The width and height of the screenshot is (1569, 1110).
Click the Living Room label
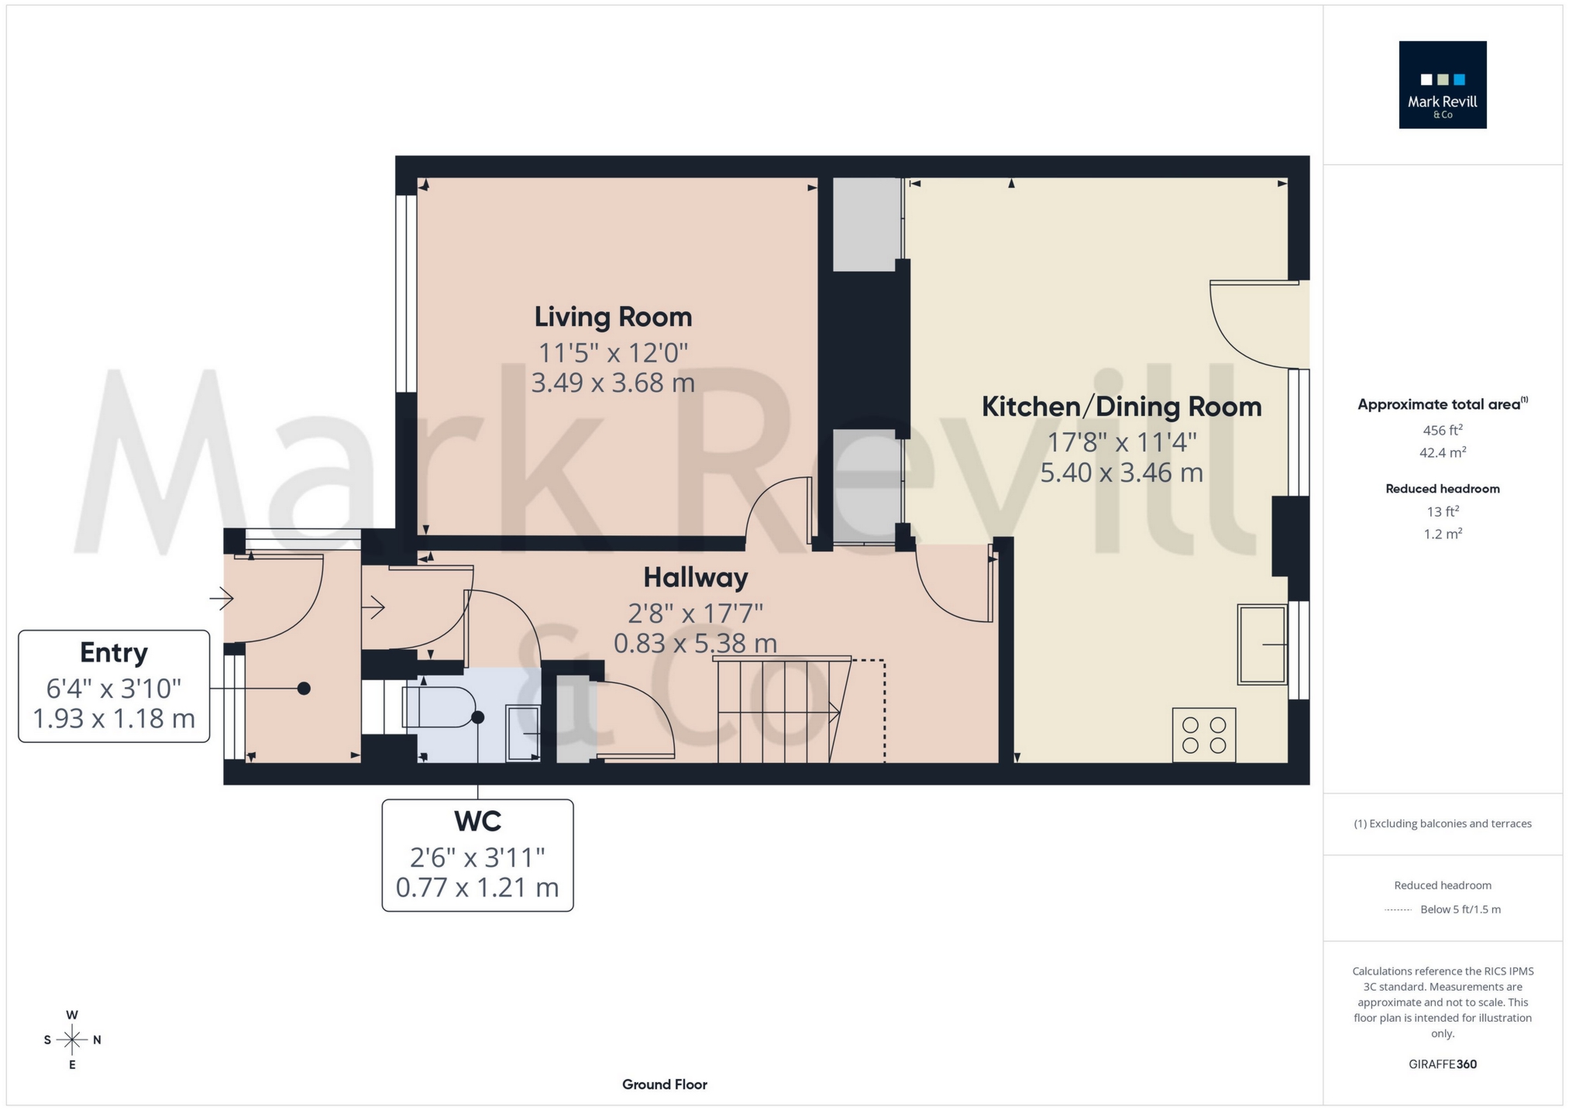[x=612, y=317]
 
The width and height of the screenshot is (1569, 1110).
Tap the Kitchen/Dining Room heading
[x=1121, y=407]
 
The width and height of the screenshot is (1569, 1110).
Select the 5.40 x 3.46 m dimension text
[x=1121, y=473]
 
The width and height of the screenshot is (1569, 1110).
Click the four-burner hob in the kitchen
[x=1203, y=735]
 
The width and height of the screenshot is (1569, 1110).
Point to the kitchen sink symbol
[x=1261, y=644]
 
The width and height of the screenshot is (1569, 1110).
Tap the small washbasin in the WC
[x=523, y=733]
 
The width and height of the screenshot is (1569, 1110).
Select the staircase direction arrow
[x=833, y=711]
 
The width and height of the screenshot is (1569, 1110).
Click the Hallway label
[x=695, y=577]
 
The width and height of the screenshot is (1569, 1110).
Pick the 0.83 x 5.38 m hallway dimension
[x=695, y=643]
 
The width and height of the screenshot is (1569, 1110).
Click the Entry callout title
[x=114, y=653]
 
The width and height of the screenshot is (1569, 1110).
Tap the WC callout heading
[x=477, y=821]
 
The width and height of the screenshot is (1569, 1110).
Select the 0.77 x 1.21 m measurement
[x=477, y=887]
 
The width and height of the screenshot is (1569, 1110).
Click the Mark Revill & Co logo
[x=1442, y=84]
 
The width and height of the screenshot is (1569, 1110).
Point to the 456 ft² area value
[x=1442, y=430]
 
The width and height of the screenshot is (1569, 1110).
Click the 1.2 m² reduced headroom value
[x=1442, y=534]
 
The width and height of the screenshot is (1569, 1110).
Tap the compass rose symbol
[x=72, y=1040]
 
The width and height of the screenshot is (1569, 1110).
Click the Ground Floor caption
[x=664, y=1084]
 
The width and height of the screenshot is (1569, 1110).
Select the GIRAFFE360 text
[x=1442, y=1064]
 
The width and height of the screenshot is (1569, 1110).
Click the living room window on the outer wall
[x=406, y=294]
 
